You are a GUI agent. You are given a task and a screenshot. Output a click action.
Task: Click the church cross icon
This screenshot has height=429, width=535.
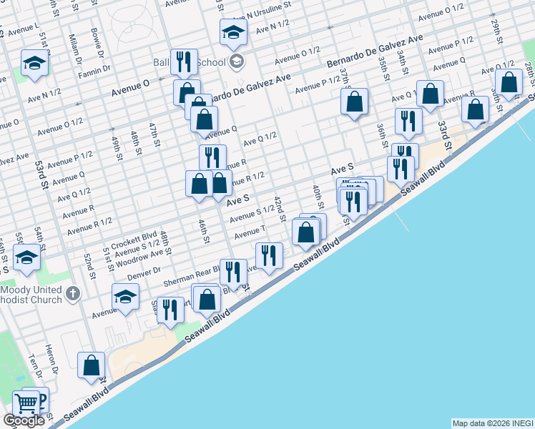tap(73, 293)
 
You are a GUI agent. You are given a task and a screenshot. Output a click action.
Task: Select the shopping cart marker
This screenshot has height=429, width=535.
tap(26, 404)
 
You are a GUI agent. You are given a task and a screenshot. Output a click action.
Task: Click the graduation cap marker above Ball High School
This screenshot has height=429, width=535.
tap(233, 31)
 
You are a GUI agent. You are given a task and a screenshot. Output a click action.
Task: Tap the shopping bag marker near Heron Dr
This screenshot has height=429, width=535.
tap(92, 365)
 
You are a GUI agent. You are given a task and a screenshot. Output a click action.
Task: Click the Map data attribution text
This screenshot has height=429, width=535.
tap(493, 423)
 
